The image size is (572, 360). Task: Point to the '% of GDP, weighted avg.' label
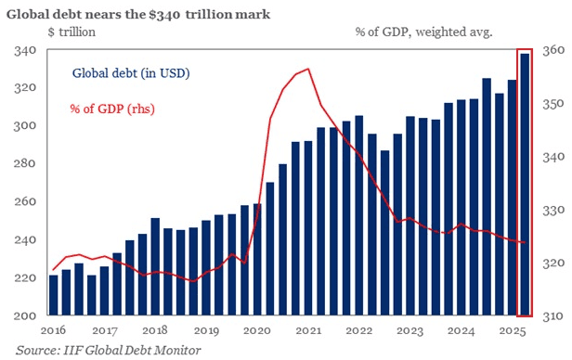(422, 32)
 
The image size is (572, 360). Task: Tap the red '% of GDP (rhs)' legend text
(112, 109)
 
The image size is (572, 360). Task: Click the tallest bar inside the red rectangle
(526, 186)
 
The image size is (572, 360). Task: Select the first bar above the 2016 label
(54, 295)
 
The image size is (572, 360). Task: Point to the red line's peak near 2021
(307, 69)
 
